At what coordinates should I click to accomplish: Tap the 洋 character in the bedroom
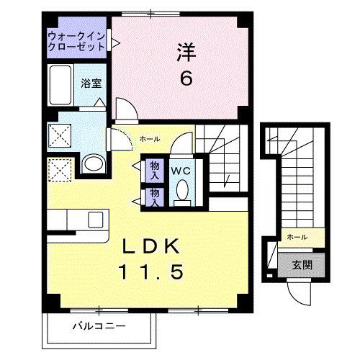click(x=186, y=53)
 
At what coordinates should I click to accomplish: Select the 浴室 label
click(x=91, y=83)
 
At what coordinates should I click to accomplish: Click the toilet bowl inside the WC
click(x=182, y=192)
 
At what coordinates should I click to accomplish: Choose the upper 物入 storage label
click(x=154, y=170)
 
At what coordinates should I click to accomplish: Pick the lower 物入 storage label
click(x=154, y=197)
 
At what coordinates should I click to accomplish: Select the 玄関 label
click(x=302, y=264)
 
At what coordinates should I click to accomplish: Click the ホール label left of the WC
click(x=149, y=139)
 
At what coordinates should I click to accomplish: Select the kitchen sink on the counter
click(x=94, y=219)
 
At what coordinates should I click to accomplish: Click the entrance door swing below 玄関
click(x=297, y=292)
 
